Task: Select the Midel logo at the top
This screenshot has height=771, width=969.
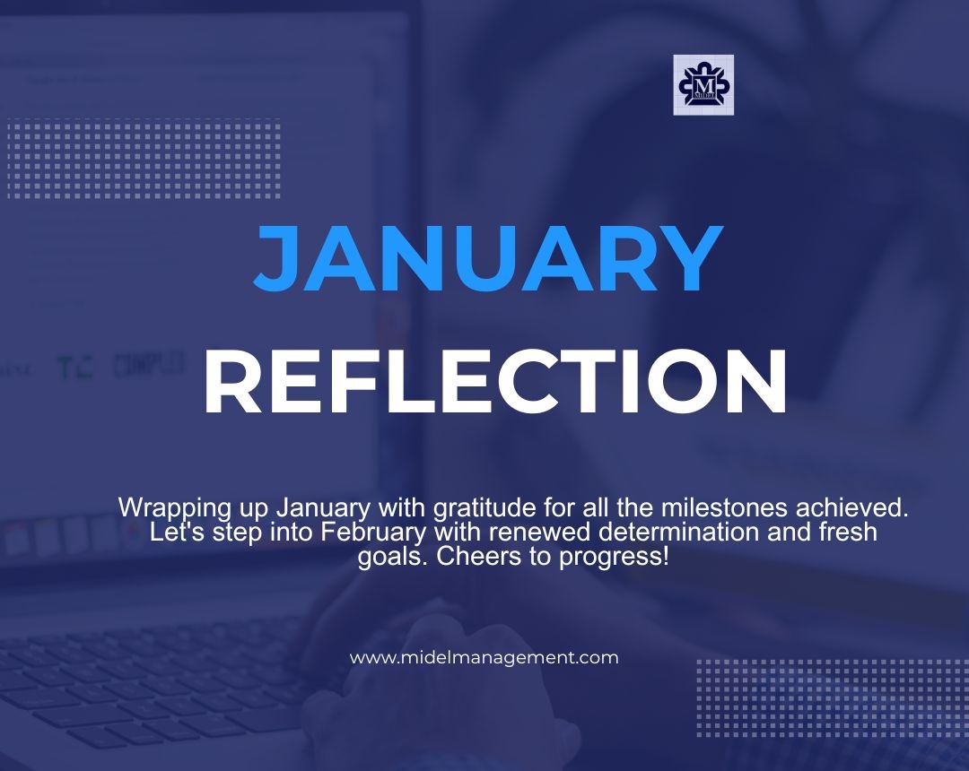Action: [703, 85]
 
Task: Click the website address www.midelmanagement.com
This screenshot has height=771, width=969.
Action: [484, 657]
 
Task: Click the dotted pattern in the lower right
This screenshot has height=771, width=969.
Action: [831, 698]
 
